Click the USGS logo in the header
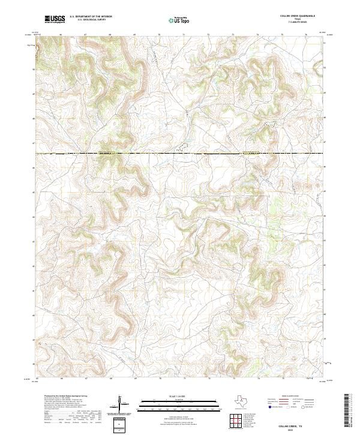click(x=55, y=19)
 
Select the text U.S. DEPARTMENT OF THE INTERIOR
click(x=91, y=17)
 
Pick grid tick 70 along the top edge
click(x=159, y=35)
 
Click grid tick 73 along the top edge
click(x=233, y=35)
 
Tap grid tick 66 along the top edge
click(x=61, y=35)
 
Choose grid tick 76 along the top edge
click(x=307, y=35)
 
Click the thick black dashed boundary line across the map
click(x=180, y=154)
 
